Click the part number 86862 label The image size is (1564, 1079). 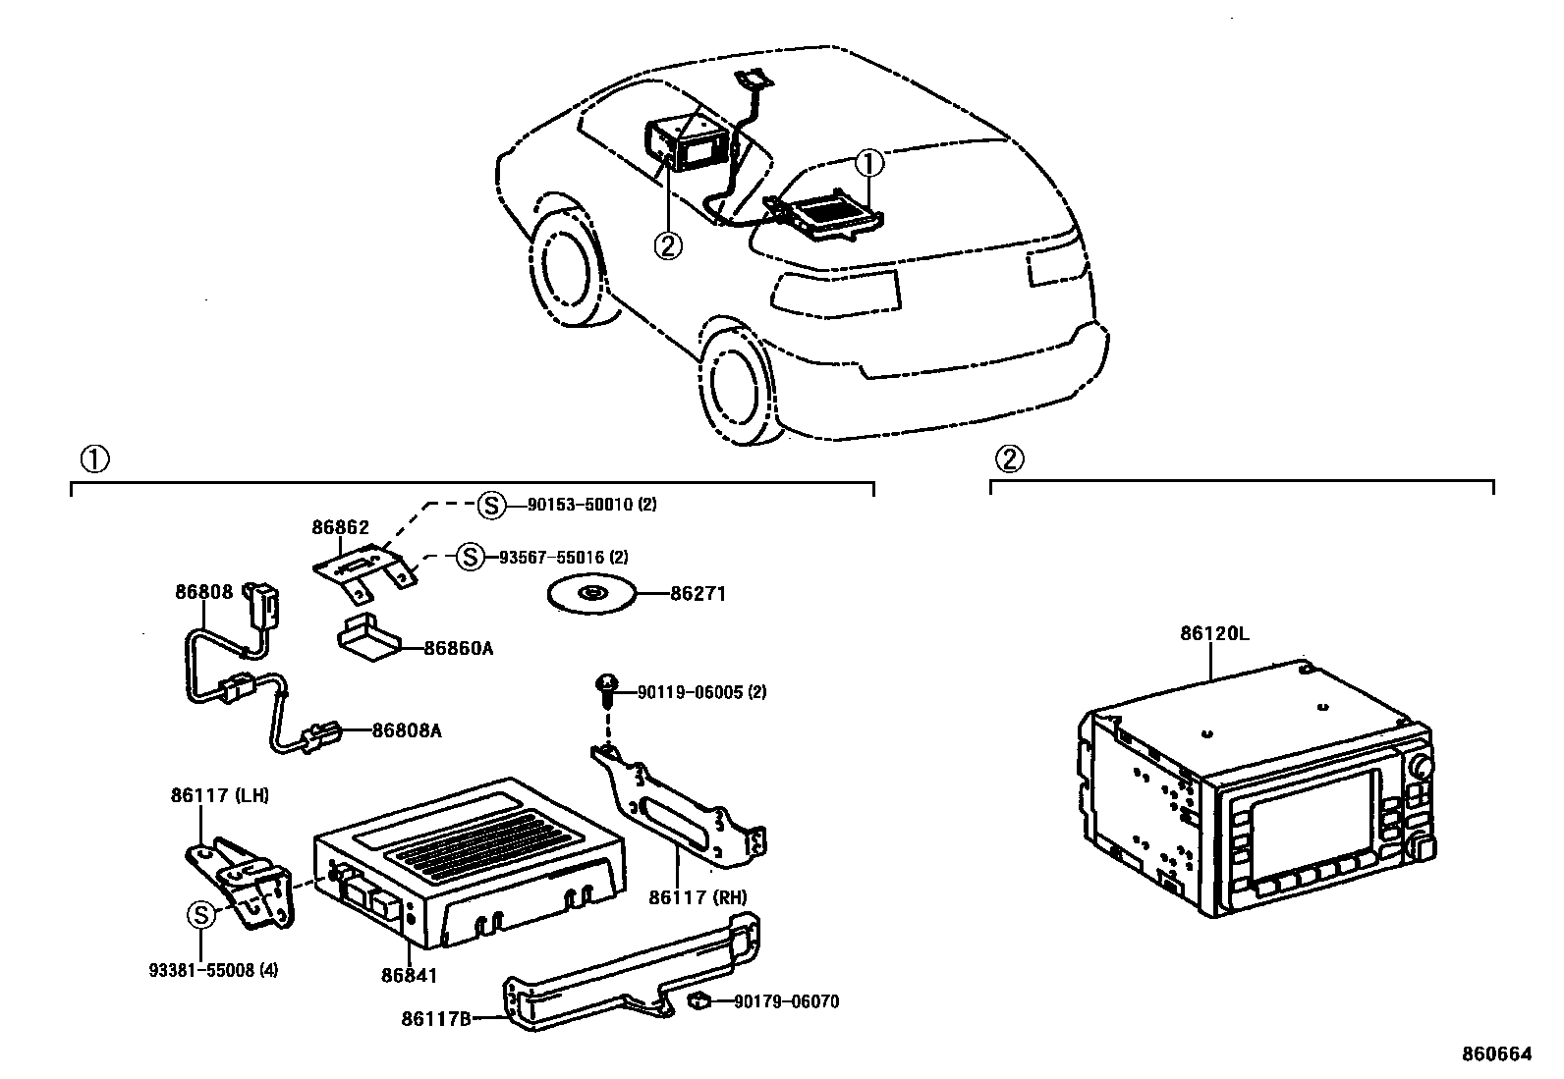340,527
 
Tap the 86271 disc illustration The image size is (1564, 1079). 590,594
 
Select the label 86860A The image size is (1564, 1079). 459,649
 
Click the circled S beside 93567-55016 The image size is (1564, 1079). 470,557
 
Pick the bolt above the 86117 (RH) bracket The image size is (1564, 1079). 607,691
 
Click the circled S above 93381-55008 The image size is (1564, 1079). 200,915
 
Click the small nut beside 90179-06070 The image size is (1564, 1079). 701,1000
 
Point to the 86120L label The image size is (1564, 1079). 1214,634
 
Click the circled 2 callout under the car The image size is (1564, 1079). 667,245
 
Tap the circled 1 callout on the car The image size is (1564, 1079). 870,162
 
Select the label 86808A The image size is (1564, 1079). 406,730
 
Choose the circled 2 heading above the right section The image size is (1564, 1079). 1009,458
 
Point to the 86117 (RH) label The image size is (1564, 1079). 697,896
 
